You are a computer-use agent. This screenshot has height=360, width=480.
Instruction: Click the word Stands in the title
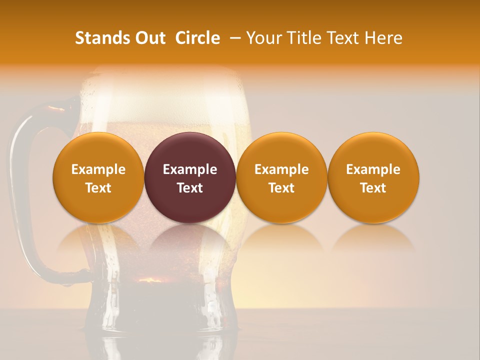97,38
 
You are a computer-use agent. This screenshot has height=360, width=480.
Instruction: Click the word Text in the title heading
341,38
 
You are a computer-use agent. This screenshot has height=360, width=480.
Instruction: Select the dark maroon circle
190,150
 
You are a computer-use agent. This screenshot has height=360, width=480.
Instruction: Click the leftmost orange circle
98,150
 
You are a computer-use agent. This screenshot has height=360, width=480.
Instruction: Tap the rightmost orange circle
373,150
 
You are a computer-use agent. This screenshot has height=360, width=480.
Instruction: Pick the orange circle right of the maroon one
281,150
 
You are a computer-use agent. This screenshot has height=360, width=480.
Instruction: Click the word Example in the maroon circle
190,169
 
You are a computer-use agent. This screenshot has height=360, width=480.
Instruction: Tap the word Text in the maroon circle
190,188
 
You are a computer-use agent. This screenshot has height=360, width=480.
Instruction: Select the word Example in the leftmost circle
98,169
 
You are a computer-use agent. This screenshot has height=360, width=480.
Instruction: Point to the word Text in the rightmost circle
373,188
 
